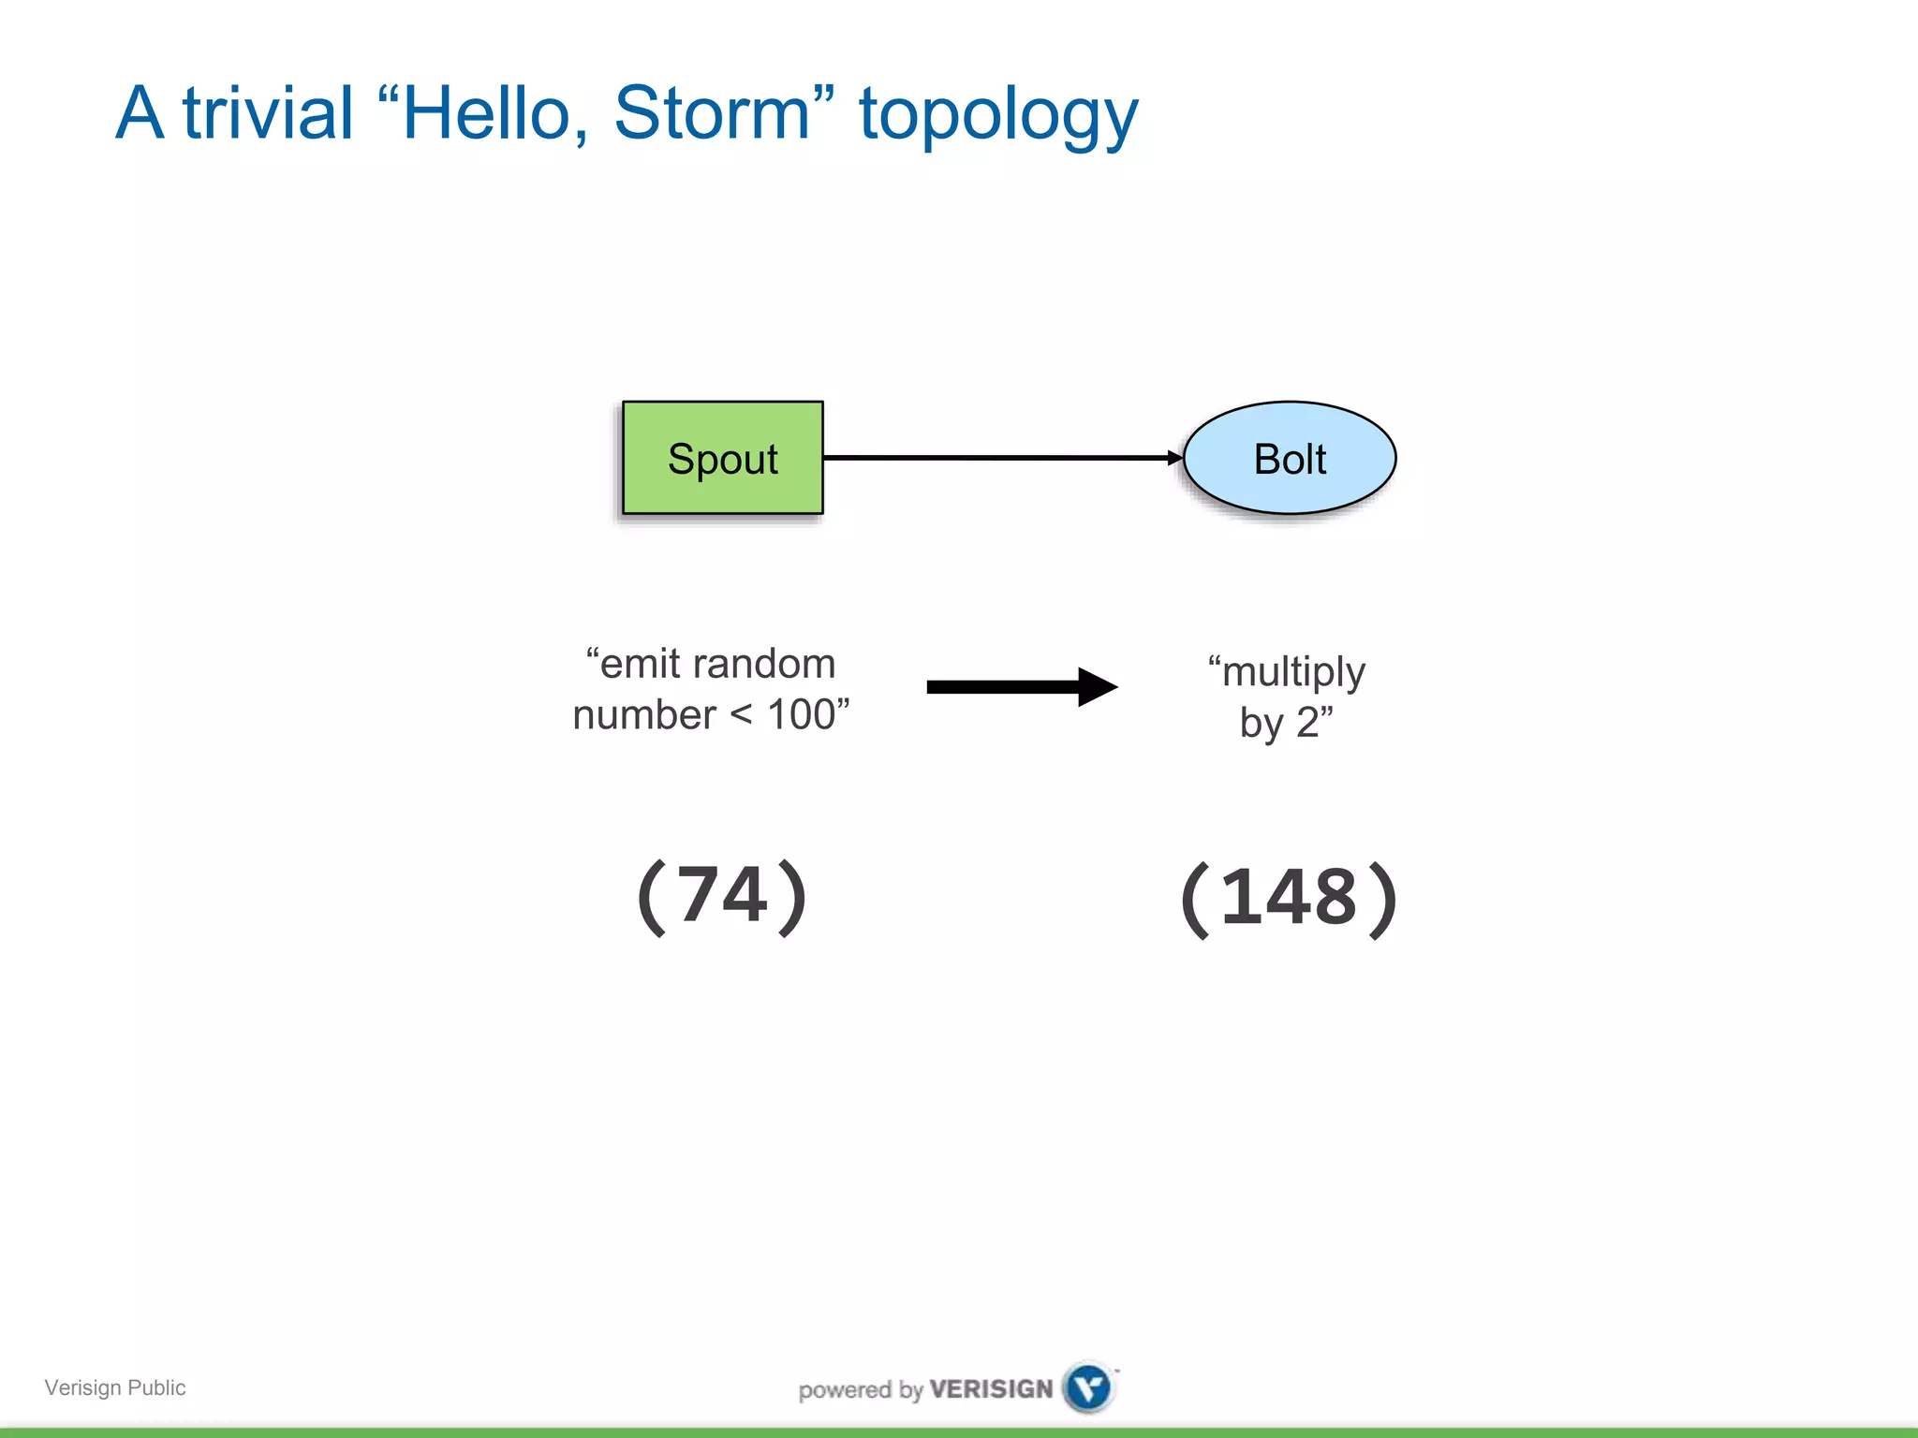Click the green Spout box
click(x=722, y=458)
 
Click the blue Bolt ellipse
click(x=1290, y=458)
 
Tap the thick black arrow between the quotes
click(x=1021, y=687)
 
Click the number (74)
click(x=722, y=896)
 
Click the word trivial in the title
click(x=268, y=114)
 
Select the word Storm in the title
click(x=712, y=114)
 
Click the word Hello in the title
click(x=487, y=114)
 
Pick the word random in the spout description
click(x=764, y=664)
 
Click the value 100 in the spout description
click(x=801, y=715)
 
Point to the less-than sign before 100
click(x=741, y=715)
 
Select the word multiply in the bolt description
click(x=1293, y=673)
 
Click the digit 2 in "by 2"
click(x=1307, y=723)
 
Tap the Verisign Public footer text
click(x=115, y=1387)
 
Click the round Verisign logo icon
click(x=1088, y=1387)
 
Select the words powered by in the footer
click(x=861, y=1389)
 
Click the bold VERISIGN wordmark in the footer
click(x=991, y=1388)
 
